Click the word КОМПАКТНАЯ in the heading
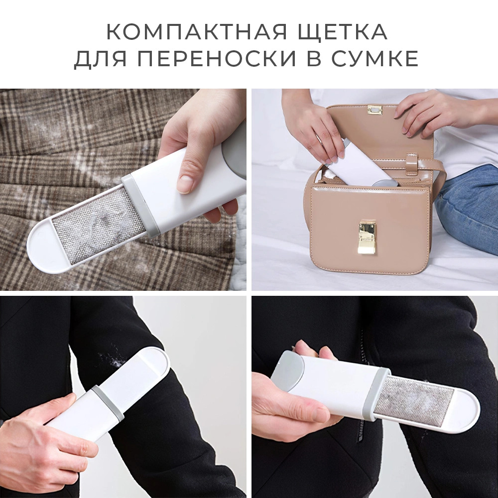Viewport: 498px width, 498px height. click(197, 31)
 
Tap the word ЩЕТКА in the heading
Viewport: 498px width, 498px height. click(342, 32)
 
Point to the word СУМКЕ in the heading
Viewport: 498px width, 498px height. click(375, 58)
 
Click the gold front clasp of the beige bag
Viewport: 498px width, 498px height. click(367, 237)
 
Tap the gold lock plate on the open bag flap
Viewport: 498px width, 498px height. click(374, 110)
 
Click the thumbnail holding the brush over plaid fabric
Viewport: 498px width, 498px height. click(185, 181)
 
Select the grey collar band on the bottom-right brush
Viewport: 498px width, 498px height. click(380, 393)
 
